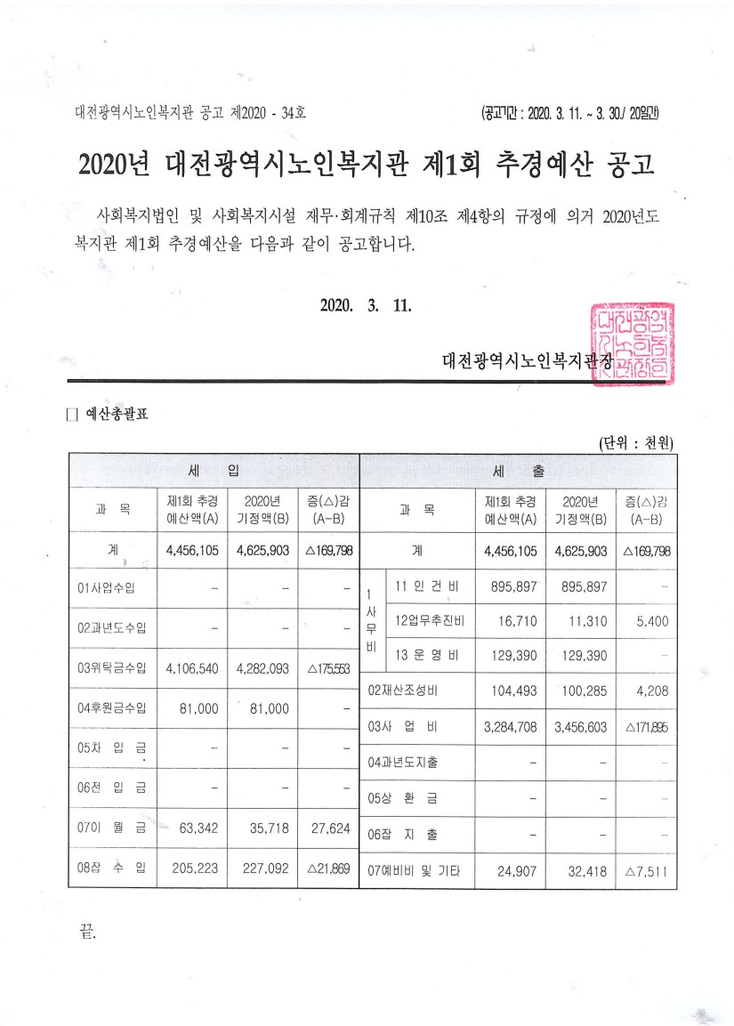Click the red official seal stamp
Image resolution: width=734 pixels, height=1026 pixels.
(633, 343)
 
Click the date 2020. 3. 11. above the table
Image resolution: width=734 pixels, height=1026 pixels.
(365, 305)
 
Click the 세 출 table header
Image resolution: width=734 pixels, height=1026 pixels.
(518, 469)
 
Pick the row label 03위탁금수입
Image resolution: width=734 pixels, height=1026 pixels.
(112, 667)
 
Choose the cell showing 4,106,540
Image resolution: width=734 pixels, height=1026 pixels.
(192, 667)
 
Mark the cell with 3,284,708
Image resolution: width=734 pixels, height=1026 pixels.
(510, 727)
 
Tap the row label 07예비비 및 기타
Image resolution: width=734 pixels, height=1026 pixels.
(415, 871)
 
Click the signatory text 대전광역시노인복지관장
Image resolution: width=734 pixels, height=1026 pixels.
(528, 360)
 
